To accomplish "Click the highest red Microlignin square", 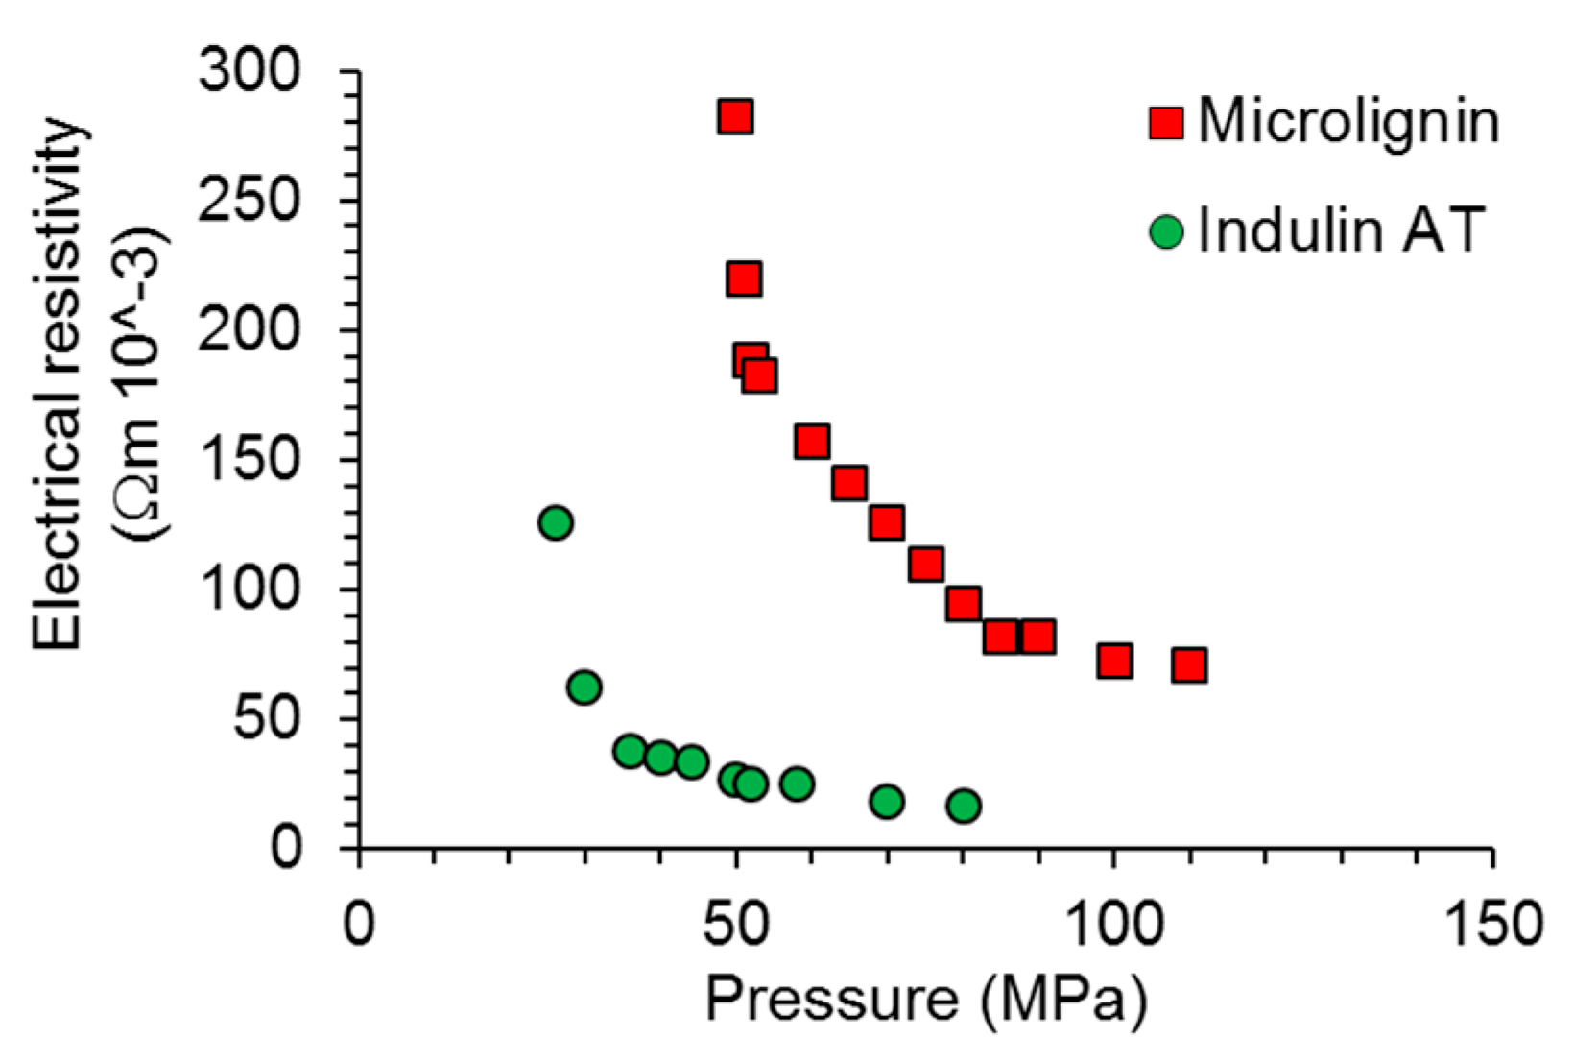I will (x=735, y=117).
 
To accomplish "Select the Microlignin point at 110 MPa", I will (x=1189, y=664).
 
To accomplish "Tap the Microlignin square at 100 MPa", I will (x=1113, y=661).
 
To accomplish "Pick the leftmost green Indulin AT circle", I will (x=556, y=523).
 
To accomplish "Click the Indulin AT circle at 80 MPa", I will (x=964, y=806).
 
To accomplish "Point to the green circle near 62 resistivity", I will (x=584, y=688).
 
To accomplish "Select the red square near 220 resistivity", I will (x=744, y=279).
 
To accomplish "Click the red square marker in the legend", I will (x=1166, y=123).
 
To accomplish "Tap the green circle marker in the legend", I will (x=1166, y=231).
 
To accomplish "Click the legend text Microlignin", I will (x=1347, y=122).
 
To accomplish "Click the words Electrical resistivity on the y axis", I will (x=60, y=384).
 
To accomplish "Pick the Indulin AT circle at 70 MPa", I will (x=887, y=801).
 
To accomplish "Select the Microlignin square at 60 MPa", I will (x=812, y=442).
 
